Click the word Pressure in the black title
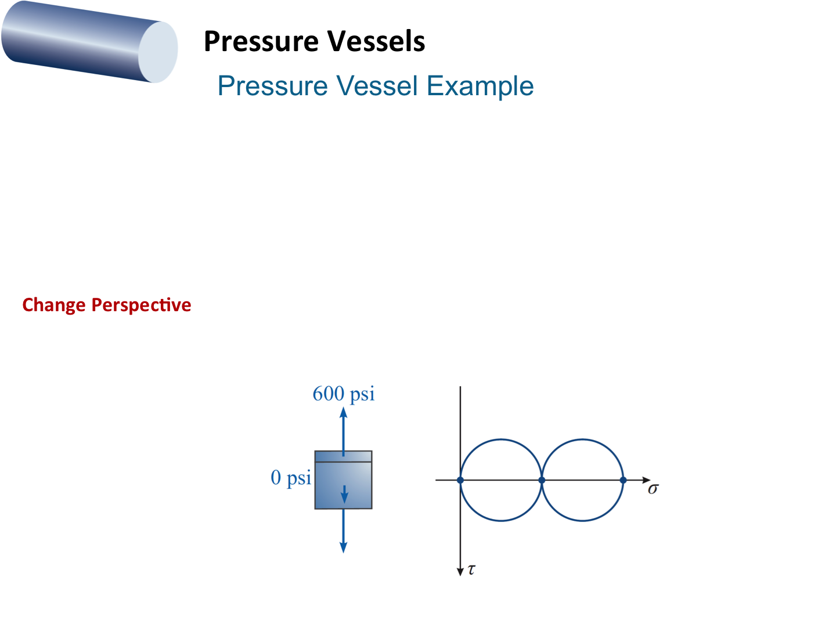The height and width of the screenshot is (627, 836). point(261,42)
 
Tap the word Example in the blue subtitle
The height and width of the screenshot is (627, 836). point(480,87)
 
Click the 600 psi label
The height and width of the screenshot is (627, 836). point(344,394)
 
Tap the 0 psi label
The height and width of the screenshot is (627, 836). point(291,478)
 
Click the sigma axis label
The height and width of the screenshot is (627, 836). point(653,489)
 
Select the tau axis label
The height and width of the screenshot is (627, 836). point(471,570)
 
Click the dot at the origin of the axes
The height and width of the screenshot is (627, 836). point(460,480)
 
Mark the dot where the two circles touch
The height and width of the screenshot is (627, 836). point(542,480)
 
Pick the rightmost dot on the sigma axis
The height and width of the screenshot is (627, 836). point(623,480)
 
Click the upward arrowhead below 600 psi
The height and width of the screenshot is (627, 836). point(344,413)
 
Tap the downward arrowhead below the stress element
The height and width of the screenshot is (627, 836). point(344,547)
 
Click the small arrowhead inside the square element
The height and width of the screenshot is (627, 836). point(344,498)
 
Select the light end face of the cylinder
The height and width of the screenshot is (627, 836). point(158,52)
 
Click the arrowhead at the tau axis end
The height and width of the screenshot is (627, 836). point(460,571)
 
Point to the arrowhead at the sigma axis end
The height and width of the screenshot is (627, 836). point(646,480)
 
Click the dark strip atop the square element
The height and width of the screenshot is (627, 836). point(343,456)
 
